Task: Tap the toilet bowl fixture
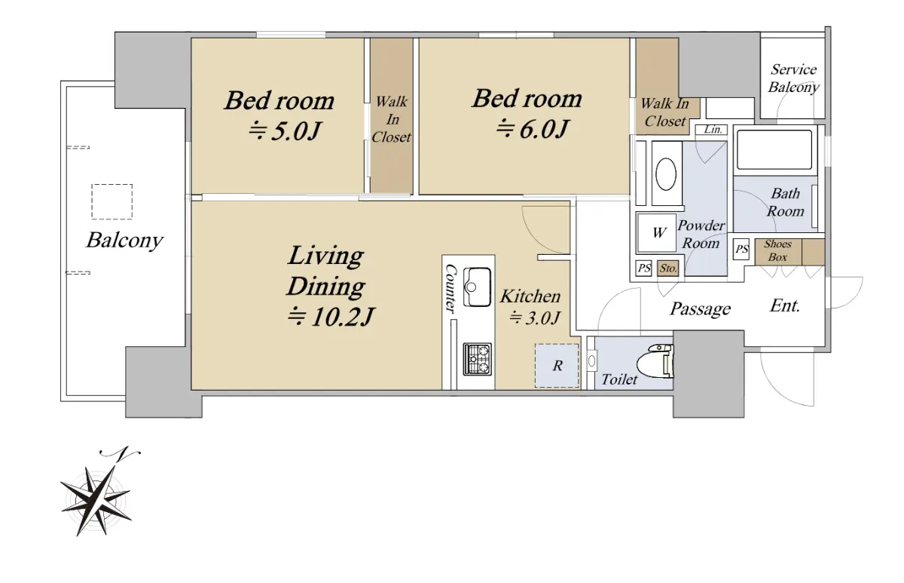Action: click(655, 361)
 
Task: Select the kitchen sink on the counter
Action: click(477, 287)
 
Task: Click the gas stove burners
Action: click(478, 359)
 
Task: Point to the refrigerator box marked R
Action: click(557, 366)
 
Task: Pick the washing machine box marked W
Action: click(657, 233)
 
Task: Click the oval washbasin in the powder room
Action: click(666, 174)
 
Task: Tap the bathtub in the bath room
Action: click(774, 149)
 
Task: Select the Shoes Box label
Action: click(777, 250)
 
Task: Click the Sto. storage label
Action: click(668, 268)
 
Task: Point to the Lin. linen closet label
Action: click(713, 130)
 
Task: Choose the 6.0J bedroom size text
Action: click(533, 129)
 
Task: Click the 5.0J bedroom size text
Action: click(285, 131)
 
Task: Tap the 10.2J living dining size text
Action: click(331, 317)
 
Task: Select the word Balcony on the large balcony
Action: click(124, 241)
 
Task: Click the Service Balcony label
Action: click(793, 78)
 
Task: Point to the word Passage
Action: click(700, 309)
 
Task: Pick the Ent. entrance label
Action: click(784, 306)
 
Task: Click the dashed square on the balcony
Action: click(111, 201)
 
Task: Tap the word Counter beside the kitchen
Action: click(450, 288)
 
